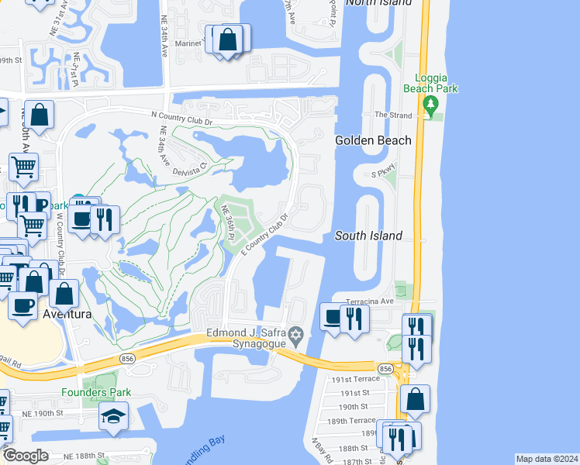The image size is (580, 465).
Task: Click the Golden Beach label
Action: click(368, 140)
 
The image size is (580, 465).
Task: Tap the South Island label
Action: click(368, 236)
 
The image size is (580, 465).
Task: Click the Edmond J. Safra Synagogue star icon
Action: click(295, 336)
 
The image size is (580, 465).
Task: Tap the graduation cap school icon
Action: click(113, 417)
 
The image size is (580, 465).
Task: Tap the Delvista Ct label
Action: click(189, 164)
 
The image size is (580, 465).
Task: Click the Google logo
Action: click(26, 456)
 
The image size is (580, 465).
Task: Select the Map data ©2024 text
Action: click(547, 459)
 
